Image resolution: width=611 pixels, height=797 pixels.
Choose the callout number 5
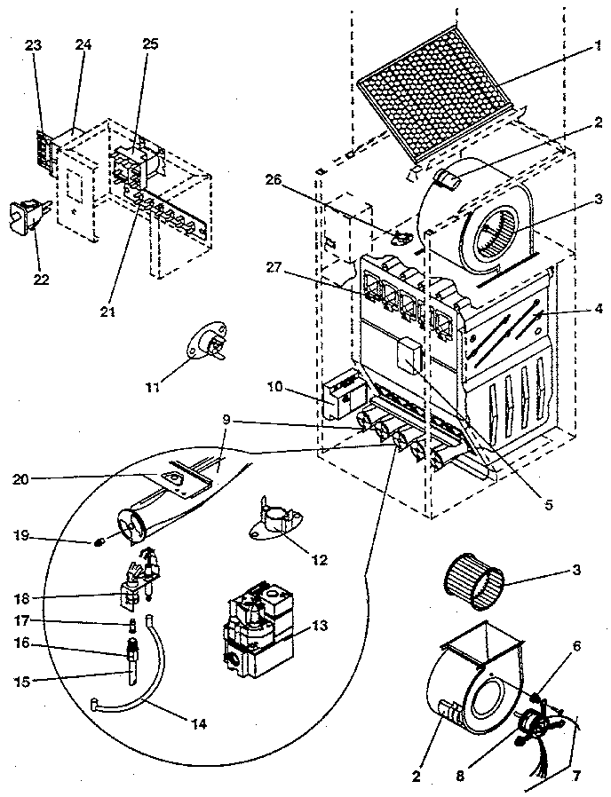point(549,505)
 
